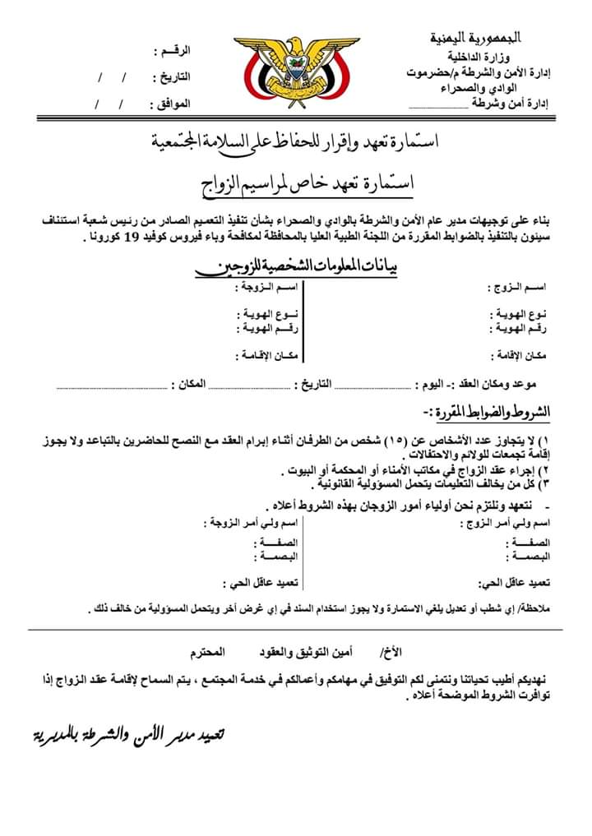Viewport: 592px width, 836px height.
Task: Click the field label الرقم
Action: point(173,51)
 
